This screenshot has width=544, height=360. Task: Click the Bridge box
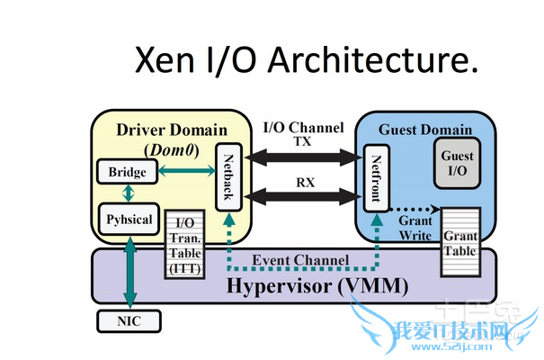127,171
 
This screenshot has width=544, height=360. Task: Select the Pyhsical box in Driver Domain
128,219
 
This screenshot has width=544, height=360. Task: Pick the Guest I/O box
457,163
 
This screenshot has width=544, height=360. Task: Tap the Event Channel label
299,261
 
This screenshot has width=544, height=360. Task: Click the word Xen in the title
164,59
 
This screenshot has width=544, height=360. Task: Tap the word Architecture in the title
360,59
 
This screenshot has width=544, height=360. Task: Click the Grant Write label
416,228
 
